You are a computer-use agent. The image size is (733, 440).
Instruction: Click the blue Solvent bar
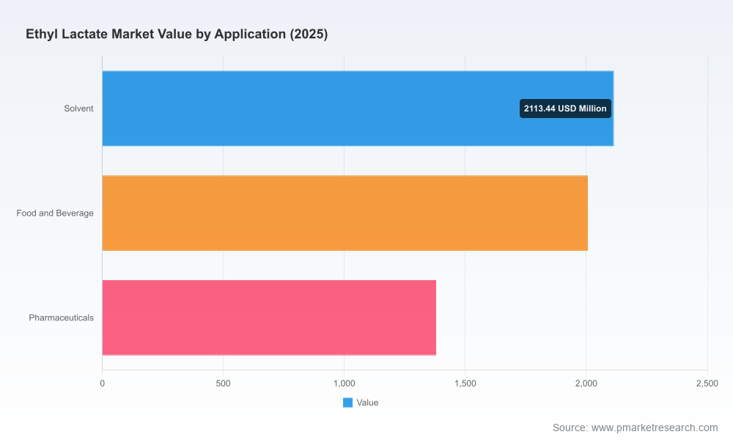[358, 109]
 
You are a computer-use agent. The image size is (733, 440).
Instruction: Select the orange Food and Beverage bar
[345, 213]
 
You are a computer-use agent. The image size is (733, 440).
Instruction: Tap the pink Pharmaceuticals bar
[269, 318]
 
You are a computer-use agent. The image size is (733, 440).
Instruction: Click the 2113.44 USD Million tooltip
[565, 109]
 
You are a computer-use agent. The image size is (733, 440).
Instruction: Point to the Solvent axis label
[78, 109]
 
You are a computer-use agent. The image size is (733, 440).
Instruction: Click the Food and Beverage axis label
[55, 213]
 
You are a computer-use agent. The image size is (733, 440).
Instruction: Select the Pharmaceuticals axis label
[62, 318]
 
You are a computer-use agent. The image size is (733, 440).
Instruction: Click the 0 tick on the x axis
[103, 384]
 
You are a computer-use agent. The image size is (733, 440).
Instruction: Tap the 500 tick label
[223, 384]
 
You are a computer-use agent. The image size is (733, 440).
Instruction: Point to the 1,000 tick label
[344, 384]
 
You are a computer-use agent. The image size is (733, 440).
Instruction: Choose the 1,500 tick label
[465, 384]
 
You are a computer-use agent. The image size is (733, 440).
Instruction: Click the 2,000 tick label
[586, 384]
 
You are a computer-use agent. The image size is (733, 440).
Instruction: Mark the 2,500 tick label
[707, 384]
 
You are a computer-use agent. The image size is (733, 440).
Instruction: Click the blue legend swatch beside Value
[347, 403]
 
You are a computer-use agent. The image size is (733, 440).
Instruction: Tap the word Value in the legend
[367, 403]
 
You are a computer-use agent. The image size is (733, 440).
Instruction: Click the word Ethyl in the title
[42, 34]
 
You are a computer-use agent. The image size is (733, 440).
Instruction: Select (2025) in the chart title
[309, 34]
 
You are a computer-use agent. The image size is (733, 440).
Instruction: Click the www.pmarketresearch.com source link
[655, 428]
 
